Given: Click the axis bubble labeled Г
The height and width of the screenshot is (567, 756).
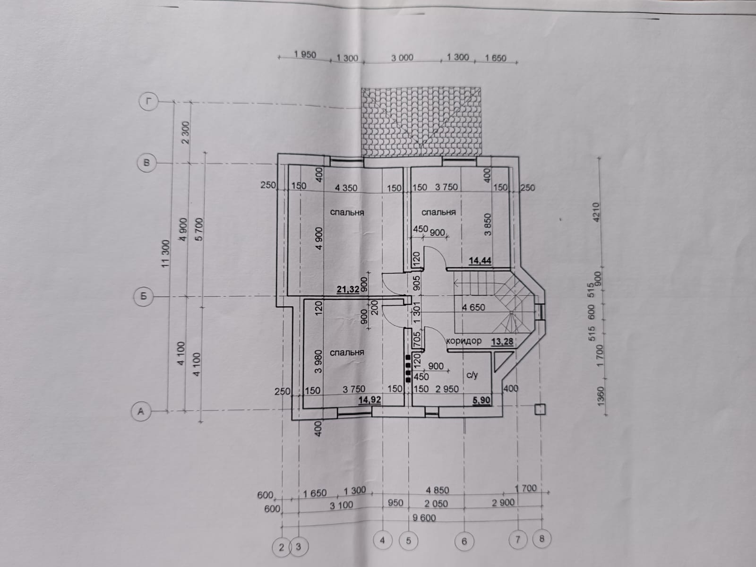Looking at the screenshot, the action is point(148,101).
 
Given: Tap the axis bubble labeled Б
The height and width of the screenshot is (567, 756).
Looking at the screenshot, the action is point(143,296).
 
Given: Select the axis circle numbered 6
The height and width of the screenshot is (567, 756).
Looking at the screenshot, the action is point(464,541).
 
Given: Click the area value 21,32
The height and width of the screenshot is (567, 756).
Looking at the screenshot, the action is point(348,289).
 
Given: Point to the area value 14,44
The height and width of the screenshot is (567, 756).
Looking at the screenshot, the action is point(480,261).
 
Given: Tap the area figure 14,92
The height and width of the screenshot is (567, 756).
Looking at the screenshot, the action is point(369,400).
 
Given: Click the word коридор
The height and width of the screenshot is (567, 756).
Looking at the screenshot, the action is point(464,341).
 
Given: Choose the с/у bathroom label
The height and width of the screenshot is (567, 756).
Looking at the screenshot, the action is point(472,375).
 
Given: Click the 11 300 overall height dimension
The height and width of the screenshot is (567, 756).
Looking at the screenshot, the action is point(166,254).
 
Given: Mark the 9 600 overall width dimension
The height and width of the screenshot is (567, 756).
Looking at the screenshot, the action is point(424,518).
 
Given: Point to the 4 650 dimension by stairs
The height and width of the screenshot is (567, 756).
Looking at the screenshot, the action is point(473,307).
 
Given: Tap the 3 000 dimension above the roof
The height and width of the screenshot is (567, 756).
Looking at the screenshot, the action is point(402,58).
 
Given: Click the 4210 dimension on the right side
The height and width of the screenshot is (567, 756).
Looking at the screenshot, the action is point(596,212).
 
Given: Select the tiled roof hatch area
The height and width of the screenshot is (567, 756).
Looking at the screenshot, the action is point(421,122).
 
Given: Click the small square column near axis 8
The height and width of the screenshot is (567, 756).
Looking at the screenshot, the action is point(540,409).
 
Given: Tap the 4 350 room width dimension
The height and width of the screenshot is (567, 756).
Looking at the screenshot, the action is point(346,188).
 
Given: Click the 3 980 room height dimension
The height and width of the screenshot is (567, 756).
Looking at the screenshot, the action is point(318,361).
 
